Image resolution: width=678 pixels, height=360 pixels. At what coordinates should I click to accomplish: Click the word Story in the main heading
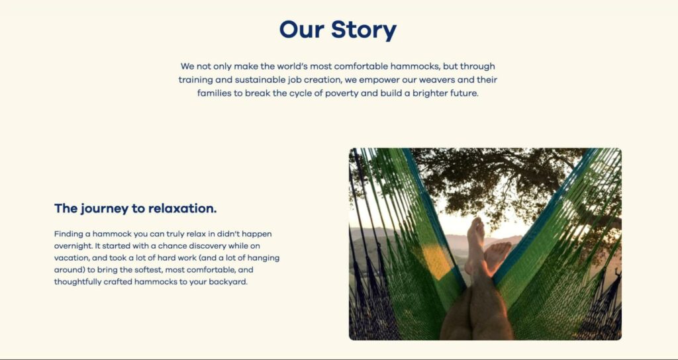point(363,30)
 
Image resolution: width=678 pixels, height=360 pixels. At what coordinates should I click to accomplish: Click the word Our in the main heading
point(301,29)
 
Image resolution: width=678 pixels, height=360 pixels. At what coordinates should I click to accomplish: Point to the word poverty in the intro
point(341,93)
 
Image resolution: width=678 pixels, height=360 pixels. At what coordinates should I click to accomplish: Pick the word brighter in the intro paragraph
point(430,93)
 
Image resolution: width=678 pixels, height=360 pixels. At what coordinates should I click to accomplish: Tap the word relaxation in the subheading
point(182,208)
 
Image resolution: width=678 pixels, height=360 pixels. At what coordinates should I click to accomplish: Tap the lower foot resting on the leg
point(497,256)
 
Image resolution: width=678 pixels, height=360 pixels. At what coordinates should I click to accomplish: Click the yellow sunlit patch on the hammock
point(437,261)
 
